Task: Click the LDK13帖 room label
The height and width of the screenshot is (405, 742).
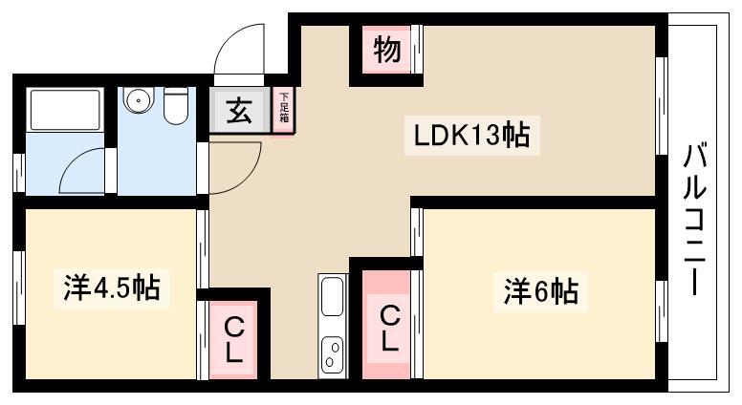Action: tap(471, 135)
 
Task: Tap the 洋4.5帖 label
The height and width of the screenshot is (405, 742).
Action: tap(112, 288)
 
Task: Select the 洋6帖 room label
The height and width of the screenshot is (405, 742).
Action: tap(541, 291)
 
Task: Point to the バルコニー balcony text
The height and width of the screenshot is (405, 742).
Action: tap(695, 220)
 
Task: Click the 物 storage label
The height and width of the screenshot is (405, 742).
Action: tap(387, 50)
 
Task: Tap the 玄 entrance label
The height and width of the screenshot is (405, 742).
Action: tap(239, 111)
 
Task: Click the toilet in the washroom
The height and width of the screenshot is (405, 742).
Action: tap(176, 106)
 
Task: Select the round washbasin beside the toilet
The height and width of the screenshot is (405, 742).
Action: tap(139, 99)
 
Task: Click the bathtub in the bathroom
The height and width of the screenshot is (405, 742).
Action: tap(65, 110)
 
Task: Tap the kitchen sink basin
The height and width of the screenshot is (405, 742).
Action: tap(332, 296)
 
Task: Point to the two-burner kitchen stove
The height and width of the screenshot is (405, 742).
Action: tap(332, 354)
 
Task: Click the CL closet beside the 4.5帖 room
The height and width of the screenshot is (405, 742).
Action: tap(233, 339)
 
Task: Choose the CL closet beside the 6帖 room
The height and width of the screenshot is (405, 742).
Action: tap(386, 324)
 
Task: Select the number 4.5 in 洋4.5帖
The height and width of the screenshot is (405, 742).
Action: tap(112, 288)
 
